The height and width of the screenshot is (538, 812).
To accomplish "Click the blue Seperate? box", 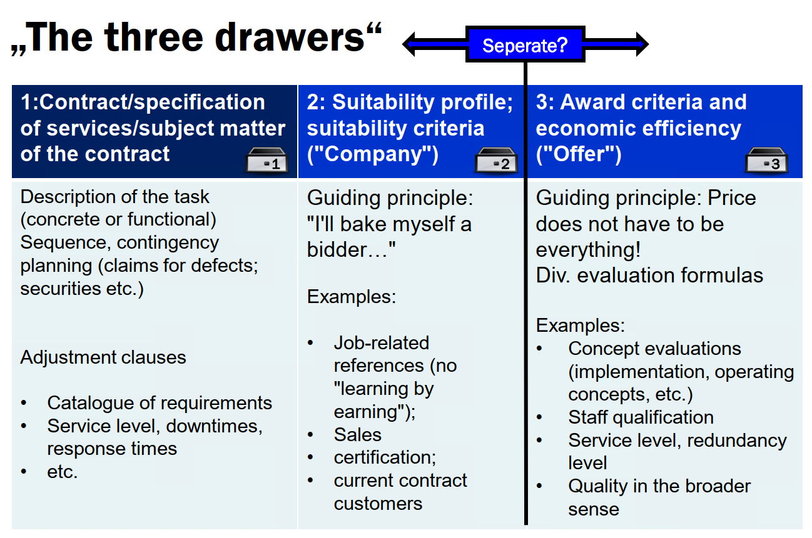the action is pos(525,44).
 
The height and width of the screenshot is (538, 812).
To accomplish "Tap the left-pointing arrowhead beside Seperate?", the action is pos(409,44).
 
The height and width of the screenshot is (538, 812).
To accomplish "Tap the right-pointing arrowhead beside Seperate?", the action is pos(642,44).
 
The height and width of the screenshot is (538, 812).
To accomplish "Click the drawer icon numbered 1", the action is pos(266,160).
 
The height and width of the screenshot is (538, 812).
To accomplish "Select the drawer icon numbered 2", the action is pos(496,160).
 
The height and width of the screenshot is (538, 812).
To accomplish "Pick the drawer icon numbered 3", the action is pos(766,160).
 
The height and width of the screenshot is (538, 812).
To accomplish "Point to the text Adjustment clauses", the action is pos(103,357).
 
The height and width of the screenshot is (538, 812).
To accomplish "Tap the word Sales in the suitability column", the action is pos(357,434).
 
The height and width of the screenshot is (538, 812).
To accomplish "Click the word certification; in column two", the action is pos(385,457).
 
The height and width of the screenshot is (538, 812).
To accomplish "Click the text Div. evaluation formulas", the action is pos(649,276).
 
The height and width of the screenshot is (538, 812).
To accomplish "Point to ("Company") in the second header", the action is pos(373,154).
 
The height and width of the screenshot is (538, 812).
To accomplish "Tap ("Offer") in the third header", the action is pos(579,154).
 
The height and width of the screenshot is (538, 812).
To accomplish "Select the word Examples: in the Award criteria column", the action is pos(580,325).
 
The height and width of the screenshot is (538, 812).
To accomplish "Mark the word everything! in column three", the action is pos(588,250).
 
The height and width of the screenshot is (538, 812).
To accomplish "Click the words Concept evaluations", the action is pos(654,349).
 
